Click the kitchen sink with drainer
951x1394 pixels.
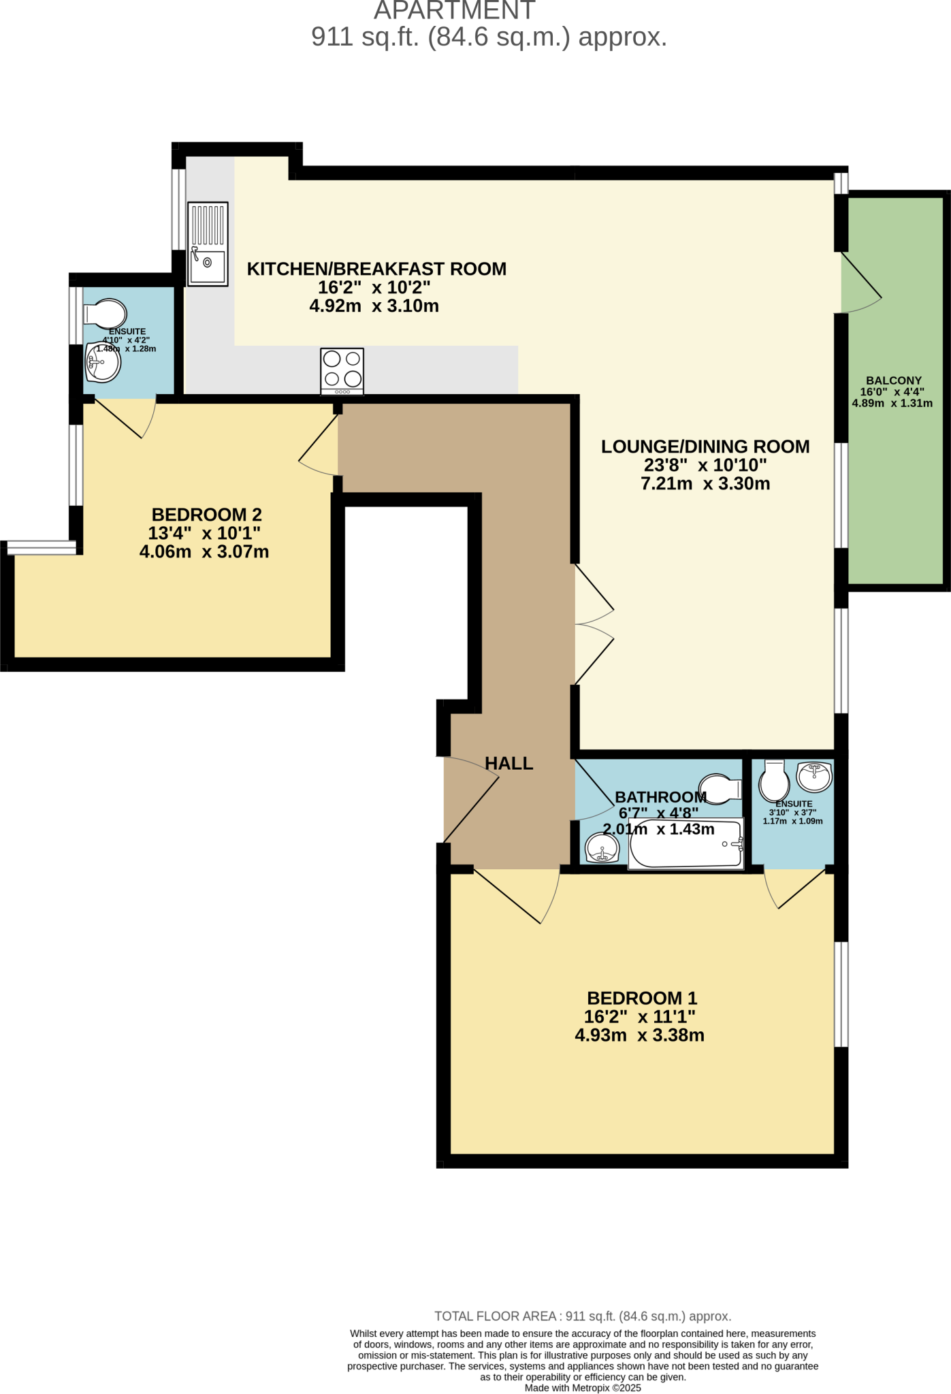[208, 244]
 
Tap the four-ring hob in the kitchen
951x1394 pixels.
[342, 371]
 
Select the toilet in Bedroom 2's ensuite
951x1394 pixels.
[106, 314]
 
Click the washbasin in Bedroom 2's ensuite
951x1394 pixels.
[103, 363]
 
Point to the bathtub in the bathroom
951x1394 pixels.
[686, 845]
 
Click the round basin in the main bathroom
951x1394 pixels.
[602, 849]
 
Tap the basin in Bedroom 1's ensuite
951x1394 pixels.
[814, 777]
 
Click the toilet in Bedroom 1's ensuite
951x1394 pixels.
[774, 781]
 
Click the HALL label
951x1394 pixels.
[509, 763]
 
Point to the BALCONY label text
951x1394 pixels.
[893, 380]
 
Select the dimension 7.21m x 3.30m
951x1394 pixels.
[705, 484]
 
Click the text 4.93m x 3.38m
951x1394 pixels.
[639, 1035]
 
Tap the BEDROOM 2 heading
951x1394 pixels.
[206, 515]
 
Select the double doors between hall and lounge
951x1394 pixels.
[593, 624]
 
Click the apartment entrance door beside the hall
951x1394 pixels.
[471, 802]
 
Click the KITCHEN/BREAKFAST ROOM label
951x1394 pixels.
[376, 269]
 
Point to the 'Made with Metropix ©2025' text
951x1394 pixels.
[583, 1388]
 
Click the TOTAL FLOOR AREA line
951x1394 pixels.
[583, 1316]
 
